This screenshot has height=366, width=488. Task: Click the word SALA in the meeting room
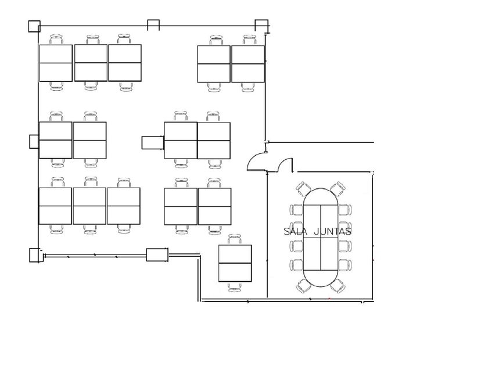[x=295, y=231]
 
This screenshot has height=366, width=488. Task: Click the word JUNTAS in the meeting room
[x=332, y=231]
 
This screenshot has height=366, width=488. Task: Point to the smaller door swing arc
[x=285, y=167]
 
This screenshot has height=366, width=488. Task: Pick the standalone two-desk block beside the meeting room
[x=235, y=263]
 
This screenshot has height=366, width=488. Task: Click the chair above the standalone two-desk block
[x=235, y=239]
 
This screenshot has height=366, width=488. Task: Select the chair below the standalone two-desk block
[x=235, y=287]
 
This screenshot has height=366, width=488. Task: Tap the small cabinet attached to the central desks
[x=153, y=142]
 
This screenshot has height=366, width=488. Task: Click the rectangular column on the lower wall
[x=157, y=254]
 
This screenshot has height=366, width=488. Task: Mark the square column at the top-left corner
[x=34, y=26]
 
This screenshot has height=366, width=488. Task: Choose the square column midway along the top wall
[x=153, y=24]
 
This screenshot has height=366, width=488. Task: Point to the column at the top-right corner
[x=262, y=25]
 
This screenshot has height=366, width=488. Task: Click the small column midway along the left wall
[x=33, y=141]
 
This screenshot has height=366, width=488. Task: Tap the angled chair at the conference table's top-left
[x=303, y=188]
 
